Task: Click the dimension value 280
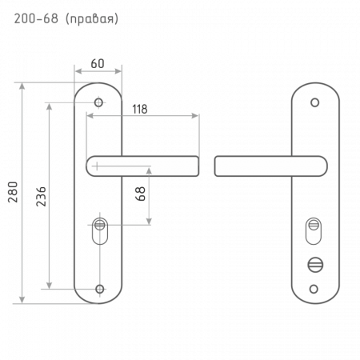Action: (x=13, y=192)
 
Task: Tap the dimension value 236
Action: (x=41, y=197)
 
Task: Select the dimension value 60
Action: (x=98, y=63)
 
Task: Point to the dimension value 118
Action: (x=140, y=109)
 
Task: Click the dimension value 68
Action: (x=140, y=194)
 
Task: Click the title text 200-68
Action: (x=36, y=18)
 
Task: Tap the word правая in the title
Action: (x=92, y=20)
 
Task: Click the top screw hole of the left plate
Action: (x=98, y=102)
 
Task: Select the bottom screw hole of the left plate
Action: (x=100, y=289)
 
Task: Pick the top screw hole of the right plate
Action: (x=315, y=102)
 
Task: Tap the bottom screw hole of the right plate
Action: (x=314, y=289)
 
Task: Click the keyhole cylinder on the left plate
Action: (x=100, y=231)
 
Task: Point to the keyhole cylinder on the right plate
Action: (x=314, y=231)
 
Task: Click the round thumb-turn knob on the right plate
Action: (x=315, y=265)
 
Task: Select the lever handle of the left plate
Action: (x=142, y=166)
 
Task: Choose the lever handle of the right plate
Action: (x=271, y=166)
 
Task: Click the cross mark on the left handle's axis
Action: (x=97, y=166)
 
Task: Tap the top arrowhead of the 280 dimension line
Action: (x=22, y=86)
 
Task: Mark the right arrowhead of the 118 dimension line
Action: (x=195, y=116)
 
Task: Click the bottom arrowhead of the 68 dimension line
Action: (x=149, y=222)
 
